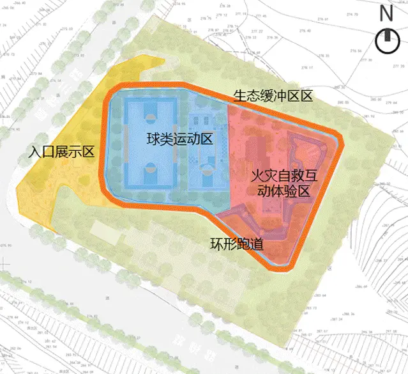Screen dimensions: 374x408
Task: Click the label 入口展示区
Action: coord(63,152)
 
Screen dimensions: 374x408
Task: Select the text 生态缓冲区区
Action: coord(273,97)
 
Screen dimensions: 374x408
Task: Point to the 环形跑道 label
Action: coord(238,244)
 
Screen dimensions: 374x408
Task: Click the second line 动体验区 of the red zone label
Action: coord(282,190)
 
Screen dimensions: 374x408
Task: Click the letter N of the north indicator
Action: coord(385,13)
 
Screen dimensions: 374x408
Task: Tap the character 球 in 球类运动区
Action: coord(152,138)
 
